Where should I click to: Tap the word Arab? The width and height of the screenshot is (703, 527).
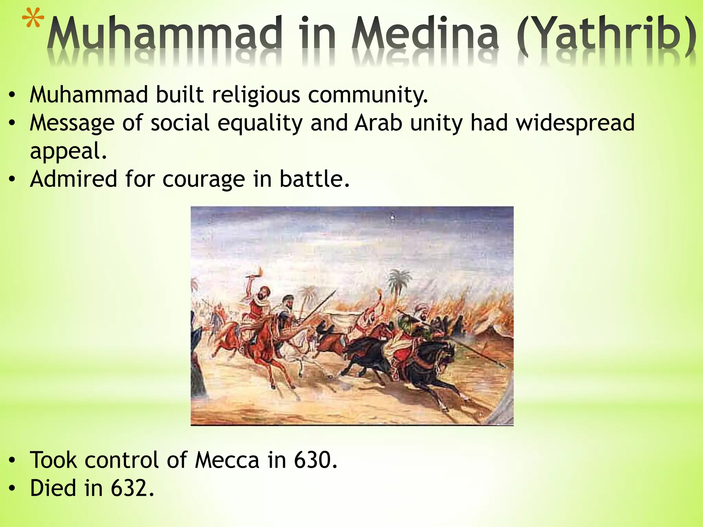tap(378, 123)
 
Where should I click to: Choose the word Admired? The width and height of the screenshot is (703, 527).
tap(73, 179)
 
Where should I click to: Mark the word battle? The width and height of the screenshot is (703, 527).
tap(314, 179)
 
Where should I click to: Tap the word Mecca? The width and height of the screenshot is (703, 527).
tap(227, 460)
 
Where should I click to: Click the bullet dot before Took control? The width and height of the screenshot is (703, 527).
tap(12, 461)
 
